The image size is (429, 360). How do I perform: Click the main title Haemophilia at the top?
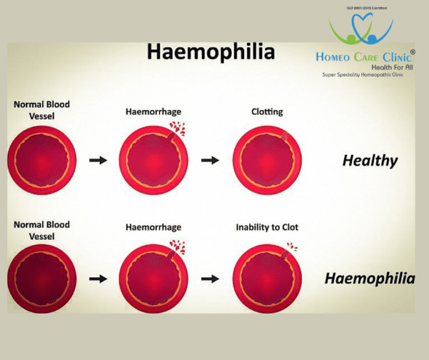tap(211, 52)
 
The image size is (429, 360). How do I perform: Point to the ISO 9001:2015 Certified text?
tap(366, 8)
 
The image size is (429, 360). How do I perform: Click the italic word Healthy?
tap(370, 161)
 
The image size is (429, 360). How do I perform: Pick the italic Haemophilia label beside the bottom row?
tap(370, 278)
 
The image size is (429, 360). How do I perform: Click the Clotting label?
tap(267, 112)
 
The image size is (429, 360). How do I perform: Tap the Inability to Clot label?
tap(267, 227)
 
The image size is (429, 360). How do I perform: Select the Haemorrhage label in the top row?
tap(153, 112)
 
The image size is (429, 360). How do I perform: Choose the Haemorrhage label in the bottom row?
tap(153, 227)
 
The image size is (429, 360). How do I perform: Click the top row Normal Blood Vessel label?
tap(41, 110)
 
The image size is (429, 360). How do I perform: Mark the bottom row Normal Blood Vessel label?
tap(41, 230)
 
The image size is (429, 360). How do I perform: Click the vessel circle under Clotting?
tap(267, 160)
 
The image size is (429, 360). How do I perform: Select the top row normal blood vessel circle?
tap(41, 160)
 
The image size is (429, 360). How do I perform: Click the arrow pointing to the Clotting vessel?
tap(210, 160)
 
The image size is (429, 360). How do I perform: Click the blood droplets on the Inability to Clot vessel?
tap(291, 246)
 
